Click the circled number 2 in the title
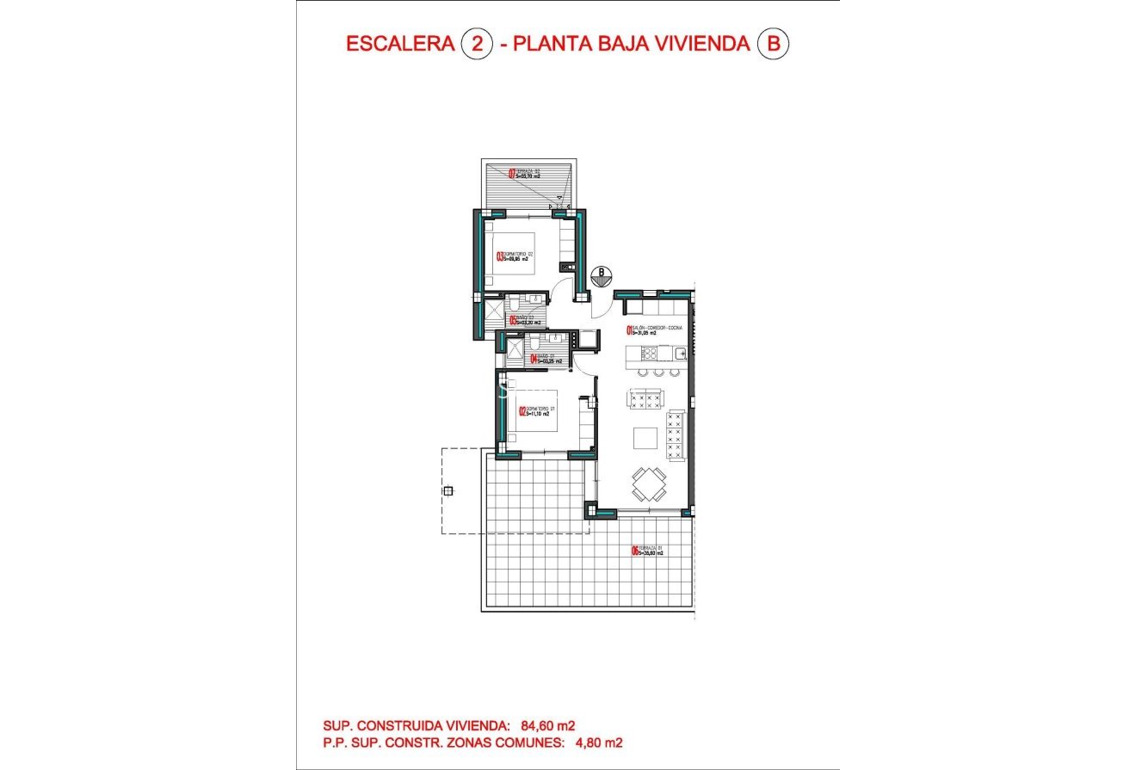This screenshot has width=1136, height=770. click(x=477, y=44)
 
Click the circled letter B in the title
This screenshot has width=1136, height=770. click(x=772, y=44)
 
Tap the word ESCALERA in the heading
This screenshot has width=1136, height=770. click(x=399, y=44)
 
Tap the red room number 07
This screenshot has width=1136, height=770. click(x=512, y=173)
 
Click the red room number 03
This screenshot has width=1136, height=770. click(x=499, y=256)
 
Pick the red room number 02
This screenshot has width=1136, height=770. click(x=522, y=411)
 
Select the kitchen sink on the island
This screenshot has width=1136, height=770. click(x=678, y=352)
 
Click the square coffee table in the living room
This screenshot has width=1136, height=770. click(x=645, y=438)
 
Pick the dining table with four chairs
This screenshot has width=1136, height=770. click(x=648, y=484)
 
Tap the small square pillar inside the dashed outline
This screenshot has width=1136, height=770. click(x=448, y=490)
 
